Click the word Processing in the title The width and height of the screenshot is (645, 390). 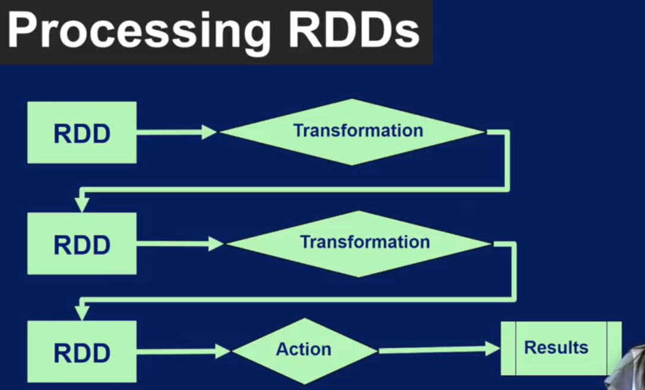(x=138, y=32)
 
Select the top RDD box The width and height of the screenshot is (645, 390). (x=82, y=132)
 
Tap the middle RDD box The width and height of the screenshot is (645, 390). (x=82, y=243)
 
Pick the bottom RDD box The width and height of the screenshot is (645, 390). (x=82, y=351)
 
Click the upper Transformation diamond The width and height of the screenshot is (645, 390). (x=352, y=132)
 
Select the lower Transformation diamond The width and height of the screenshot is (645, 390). (x=358, y=244)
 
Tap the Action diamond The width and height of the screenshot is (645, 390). (x=305, y=351)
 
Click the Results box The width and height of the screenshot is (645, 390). (x=561, y=348)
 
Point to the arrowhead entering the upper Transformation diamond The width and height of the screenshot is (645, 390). (x=210, y=132)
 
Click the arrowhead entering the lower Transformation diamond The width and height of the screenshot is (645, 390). (x=216, y=244)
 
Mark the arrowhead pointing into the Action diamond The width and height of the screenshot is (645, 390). (x=223, y=351)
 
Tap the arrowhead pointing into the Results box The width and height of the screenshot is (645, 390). (x=492, y=348)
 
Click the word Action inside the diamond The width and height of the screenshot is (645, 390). (x=303, y=349)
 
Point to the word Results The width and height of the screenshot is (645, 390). (x=556, y=348)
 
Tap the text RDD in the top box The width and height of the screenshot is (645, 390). (x=82, y=133)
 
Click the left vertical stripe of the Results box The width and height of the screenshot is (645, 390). (x=516, y=348)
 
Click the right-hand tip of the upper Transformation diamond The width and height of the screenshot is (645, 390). (x=485, y=132)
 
